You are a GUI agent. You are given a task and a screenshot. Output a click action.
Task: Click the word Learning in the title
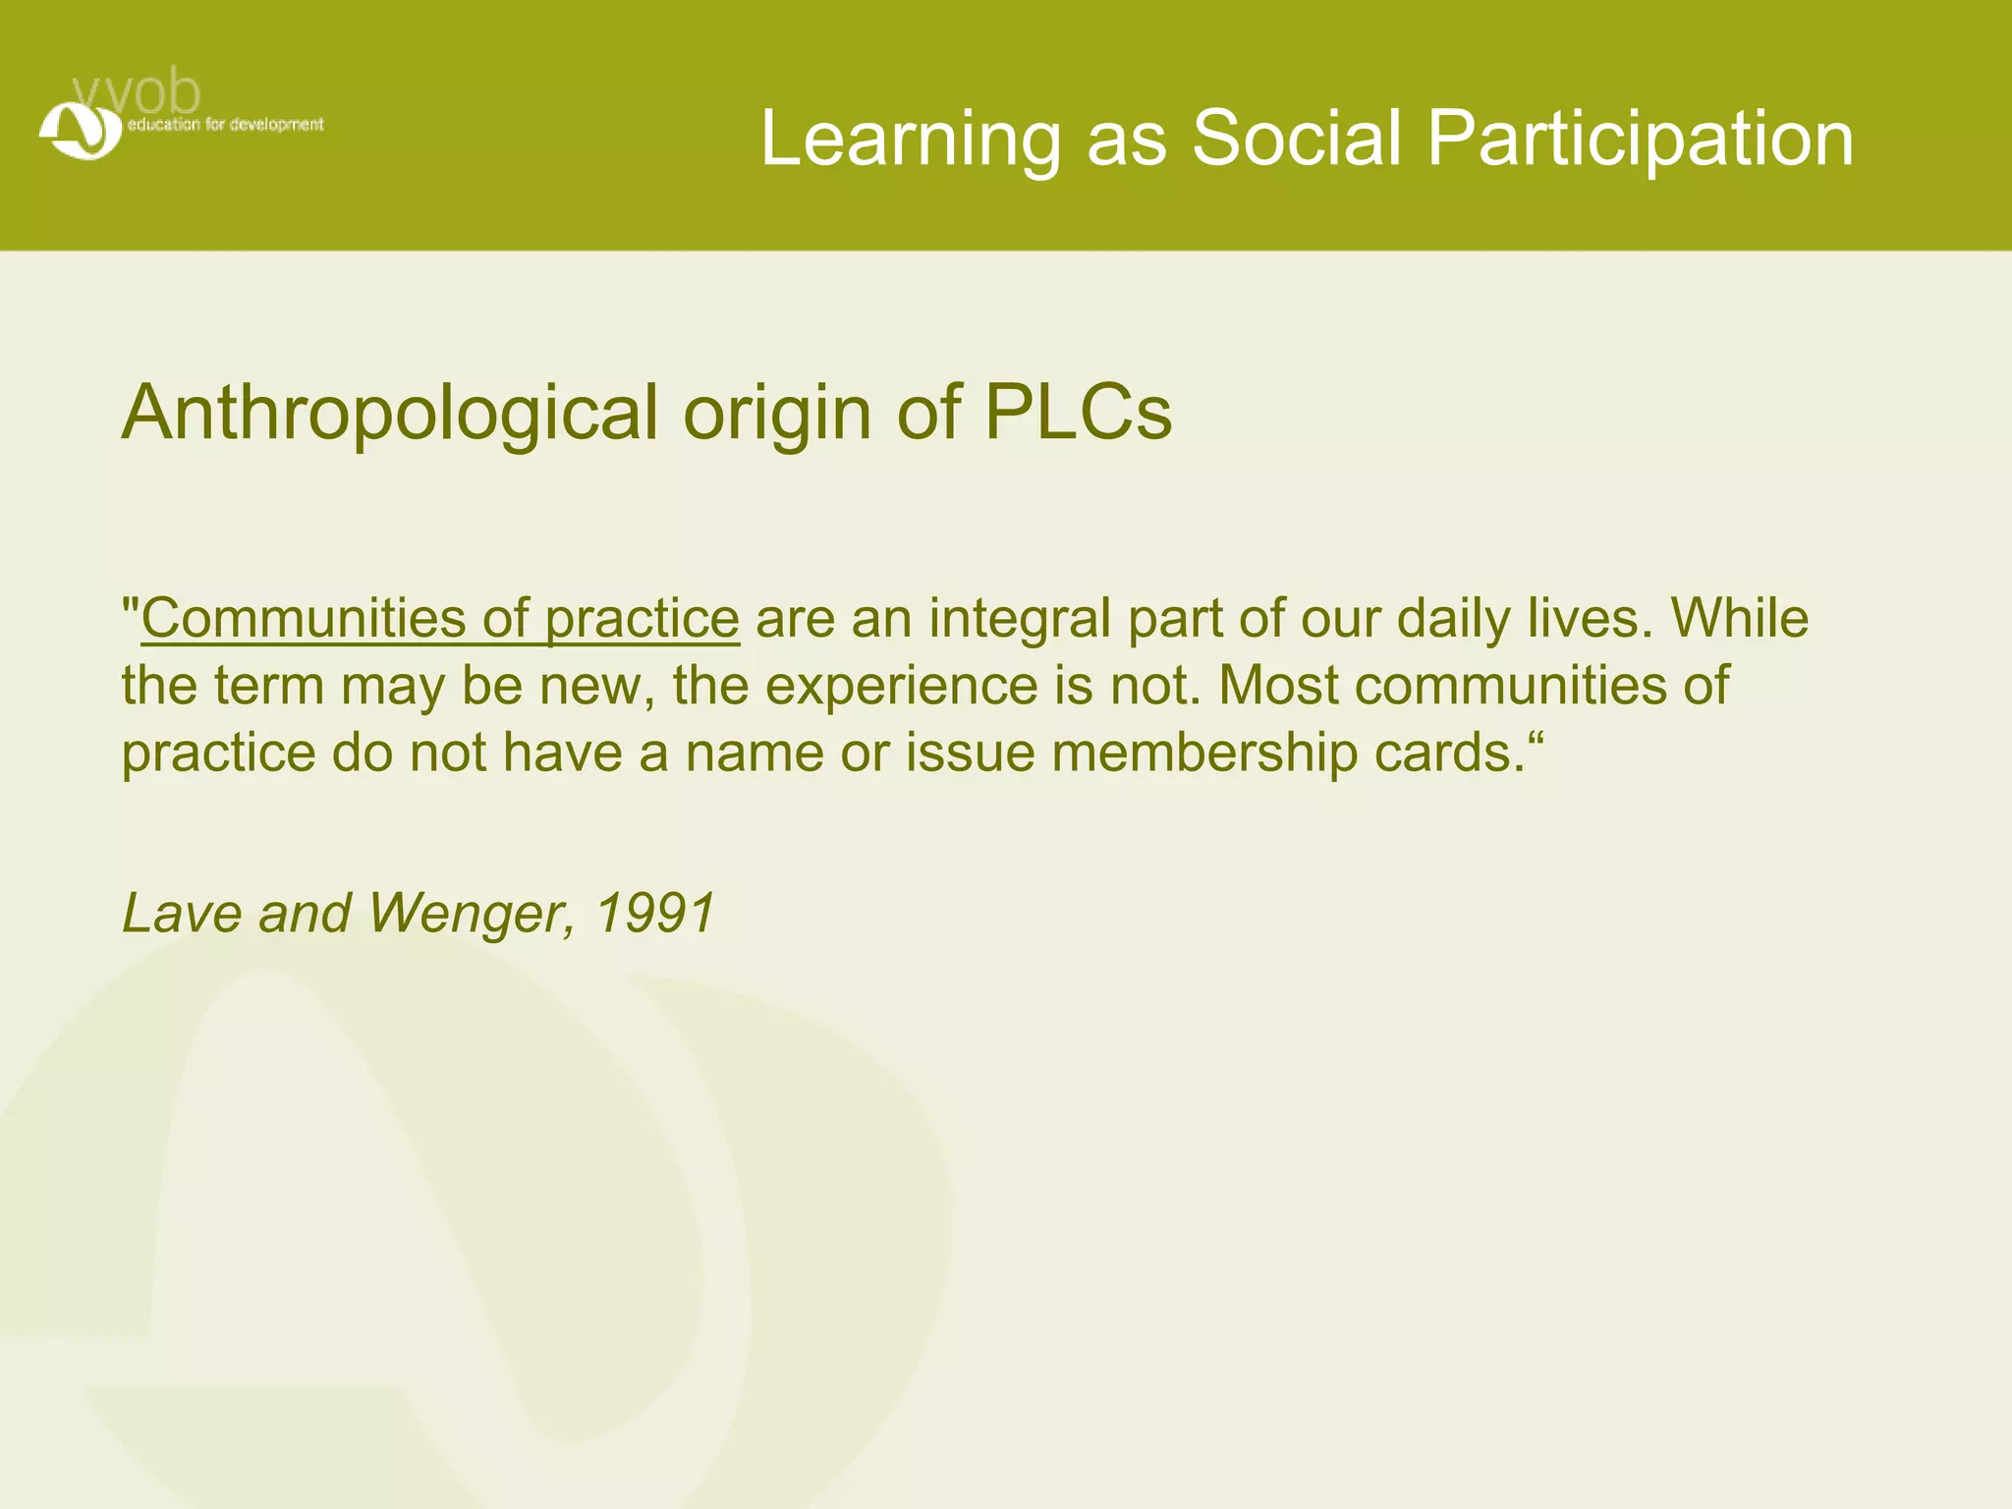910,139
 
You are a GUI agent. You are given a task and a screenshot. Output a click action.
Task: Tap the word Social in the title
1296,139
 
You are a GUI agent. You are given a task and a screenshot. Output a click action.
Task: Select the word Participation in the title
1640,139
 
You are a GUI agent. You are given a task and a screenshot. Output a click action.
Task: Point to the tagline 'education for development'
225,125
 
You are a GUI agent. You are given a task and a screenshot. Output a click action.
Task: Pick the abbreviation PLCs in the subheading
1078,413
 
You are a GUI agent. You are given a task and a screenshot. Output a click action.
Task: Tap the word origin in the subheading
776,413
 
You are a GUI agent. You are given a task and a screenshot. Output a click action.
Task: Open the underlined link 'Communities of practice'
439,619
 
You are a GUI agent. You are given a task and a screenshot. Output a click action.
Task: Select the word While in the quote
1740,619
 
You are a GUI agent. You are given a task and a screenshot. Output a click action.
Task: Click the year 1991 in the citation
655,914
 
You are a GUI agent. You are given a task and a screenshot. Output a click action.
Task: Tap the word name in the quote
754,753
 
